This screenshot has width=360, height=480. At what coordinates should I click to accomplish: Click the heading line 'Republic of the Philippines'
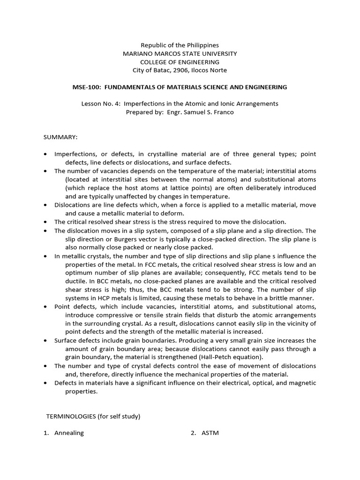click(x=180, y=45)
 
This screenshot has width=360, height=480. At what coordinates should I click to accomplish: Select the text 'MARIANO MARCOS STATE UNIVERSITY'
click(x=180, y=54)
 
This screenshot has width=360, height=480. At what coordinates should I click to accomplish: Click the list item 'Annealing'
click(x=69, y=433)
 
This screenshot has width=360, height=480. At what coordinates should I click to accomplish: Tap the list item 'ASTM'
click(x=210, y=433)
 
